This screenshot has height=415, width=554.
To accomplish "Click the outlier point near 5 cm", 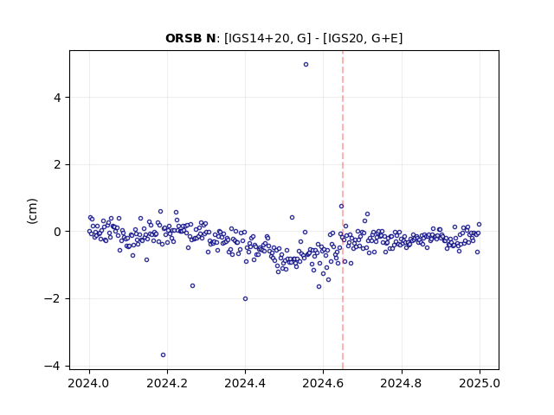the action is click(x=306, y=64).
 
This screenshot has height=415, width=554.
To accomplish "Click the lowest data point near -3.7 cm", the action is click(x=163, y=355).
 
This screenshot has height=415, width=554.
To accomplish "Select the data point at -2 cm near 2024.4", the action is click(x=245, y=298).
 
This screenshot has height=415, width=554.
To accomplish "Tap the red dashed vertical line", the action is click(x=343, y=210).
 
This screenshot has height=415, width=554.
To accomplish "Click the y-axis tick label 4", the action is click(x=57, y=98).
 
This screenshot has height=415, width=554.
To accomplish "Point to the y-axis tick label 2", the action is click(x=57, y=164).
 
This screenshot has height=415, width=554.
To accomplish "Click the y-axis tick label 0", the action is click(x=57, y=232).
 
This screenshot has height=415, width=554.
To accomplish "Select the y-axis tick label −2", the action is click(x=52, y=299).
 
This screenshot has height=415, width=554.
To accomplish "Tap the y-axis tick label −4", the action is click(x=52, y=366).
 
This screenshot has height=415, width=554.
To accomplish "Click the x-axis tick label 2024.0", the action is click(x=89, y=383).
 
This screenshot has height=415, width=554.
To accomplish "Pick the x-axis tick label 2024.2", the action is click(x=167, y=383).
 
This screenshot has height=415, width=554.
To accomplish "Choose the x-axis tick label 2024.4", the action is click(x=245, y=383).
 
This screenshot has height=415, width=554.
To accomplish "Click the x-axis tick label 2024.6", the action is click(x=323, y=383).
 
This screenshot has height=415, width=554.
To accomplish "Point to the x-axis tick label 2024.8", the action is click(x=401, y=383).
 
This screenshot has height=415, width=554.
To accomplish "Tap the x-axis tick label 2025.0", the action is click(x=480, y=383).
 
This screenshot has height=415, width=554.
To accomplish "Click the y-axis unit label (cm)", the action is click(x=32, y=211).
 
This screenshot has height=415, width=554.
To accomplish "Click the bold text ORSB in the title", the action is click(x=183, y=38).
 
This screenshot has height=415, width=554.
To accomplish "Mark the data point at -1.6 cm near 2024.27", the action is click(x=192, y=286).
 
